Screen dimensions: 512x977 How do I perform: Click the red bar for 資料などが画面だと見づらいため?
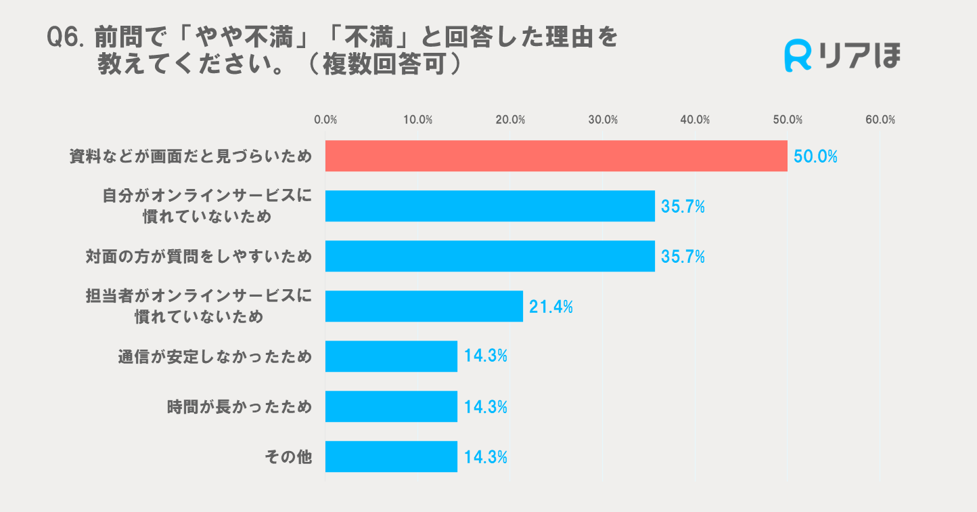coord(556,156)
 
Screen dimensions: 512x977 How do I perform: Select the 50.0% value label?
coord(815,157)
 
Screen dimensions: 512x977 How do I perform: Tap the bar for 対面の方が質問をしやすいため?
coord(490,256)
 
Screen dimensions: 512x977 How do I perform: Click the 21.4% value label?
coord(551,307)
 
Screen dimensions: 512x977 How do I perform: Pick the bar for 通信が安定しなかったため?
coord(391,356)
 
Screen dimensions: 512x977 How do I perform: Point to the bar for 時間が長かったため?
coord(391,406)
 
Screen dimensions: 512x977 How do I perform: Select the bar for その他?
coord(391,456)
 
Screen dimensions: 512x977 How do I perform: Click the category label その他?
coord(288,457)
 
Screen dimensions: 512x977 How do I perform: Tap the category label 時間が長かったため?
coord(240,407)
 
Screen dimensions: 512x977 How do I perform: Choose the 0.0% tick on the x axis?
coord(325,120)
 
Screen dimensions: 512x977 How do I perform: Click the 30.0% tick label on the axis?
coord(602,120)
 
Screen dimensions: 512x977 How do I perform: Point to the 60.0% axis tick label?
coord(880,120)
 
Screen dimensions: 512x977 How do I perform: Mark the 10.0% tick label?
coord(417,120)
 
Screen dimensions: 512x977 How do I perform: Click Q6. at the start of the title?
coord(66,37)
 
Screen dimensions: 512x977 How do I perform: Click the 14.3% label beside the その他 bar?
coord(486,457)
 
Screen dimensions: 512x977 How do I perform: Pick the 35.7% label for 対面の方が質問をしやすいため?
coord(683,257)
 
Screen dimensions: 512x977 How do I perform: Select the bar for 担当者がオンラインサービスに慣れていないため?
coord(424,306)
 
